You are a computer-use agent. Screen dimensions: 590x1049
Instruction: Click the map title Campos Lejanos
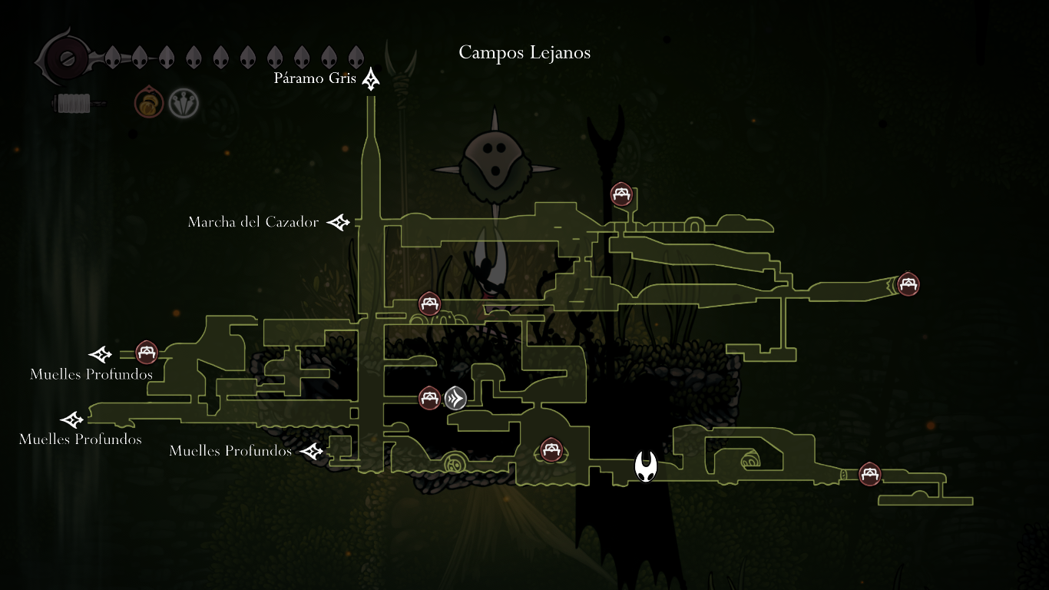(524, 52)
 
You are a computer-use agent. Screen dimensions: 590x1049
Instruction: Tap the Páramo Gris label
(315, 78)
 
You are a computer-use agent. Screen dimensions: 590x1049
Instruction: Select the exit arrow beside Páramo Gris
(372, 78)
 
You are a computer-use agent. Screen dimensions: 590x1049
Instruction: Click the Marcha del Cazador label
(253, 222)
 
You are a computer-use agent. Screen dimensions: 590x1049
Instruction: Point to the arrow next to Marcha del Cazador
(338, 222)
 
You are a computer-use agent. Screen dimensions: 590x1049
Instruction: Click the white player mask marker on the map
(646, 466)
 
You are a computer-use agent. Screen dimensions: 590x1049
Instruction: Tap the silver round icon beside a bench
(455, 398)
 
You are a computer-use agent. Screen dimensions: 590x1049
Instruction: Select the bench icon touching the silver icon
(429, 398)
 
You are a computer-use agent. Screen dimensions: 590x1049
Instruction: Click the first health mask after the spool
(112, 57)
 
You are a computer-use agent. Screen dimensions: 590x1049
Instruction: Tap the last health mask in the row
(356, 57)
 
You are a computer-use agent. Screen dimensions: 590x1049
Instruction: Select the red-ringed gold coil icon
(149, 102)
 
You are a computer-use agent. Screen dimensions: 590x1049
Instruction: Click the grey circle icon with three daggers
(184, 102)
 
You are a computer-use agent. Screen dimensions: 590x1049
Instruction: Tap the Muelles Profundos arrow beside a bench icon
(101, 354)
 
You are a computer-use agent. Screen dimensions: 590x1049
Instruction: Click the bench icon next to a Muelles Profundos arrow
(147, 353)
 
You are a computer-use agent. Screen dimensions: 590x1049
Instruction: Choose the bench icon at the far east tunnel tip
(908, 284)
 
